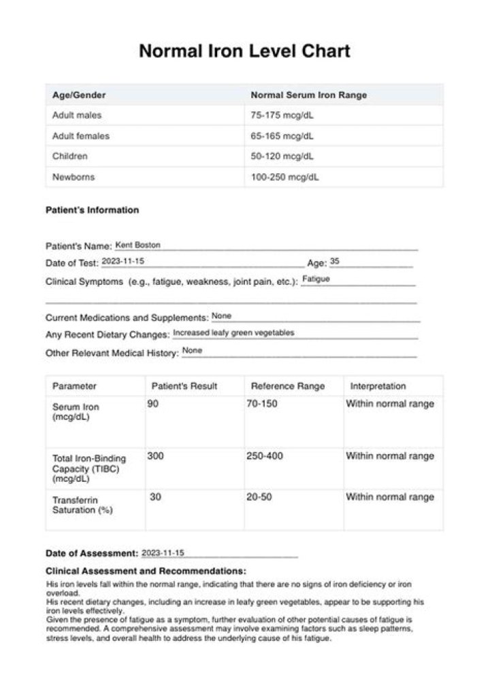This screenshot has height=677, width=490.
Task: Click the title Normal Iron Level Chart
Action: click(244, 51)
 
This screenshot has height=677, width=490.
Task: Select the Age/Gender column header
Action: click(79, 95)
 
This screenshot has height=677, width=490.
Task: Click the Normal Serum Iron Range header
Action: click(308, 95)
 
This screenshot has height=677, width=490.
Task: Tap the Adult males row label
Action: click(77, 116)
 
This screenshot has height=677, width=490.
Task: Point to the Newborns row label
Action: click(73, 177)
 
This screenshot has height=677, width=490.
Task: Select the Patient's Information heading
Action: click(92, 210)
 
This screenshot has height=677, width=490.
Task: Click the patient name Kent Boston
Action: click(138, 245)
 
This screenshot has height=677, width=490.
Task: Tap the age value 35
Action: click(335, 261)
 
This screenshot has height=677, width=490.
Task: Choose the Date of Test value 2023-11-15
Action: click(123, 261)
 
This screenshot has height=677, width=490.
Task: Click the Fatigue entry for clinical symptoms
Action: click(316, 279)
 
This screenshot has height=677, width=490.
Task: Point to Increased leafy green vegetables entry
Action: click(233, 333)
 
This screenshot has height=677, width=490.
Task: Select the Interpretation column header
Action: click(378, 386)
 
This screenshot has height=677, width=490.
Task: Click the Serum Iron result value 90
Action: click(153, 404)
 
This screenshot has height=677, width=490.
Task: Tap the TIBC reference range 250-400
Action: click(265, 456)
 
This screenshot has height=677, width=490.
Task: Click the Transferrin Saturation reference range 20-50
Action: click(259, 497)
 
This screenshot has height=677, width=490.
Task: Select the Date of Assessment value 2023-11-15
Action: click(163, 553)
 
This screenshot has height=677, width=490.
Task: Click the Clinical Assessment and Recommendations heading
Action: click(146, 571)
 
